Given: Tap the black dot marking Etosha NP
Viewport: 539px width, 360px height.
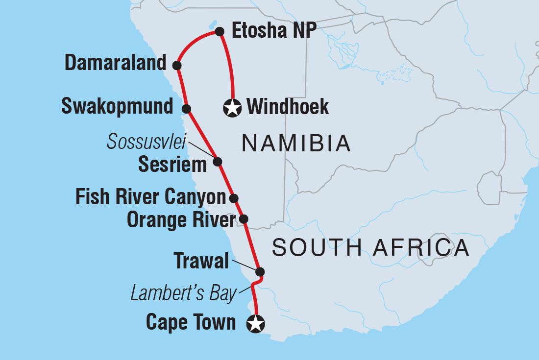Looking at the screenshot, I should tap(220, 32).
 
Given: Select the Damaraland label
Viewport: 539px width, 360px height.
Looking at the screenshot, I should tap(116, 64).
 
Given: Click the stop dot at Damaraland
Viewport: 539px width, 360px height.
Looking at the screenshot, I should tap(177, 65).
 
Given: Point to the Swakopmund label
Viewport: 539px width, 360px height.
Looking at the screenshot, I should tap(118, 106).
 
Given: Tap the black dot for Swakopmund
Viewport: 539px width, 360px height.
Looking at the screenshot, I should tap(186, 108).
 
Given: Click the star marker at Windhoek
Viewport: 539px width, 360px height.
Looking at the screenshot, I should tap(232, 108).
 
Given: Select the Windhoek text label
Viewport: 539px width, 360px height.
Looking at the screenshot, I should tap(288, 107).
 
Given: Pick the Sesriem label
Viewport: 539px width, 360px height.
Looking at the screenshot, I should tap(172, 165).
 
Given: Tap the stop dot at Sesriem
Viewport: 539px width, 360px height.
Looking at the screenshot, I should tap(218, 161).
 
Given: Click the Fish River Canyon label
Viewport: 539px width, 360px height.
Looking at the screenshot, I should tap(150, 197).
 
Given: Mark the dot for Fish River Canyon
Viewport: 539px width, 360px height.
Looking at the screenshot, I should tap(234, 198).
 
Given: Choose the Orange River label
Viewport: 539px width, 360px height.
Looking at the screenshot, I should tap(181, 220).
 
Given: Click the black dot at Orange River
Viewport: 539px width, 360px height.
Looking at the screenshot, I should tap(244, 219).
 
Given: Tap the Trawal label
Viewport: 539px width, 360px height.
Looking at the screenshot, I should tap(201, 262).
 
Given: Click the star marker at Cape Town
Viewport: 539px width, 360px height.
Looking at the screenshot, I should tap(256, 324).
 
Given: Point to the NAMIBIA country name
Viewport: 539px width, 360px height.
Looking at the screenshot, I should tap(296, 144).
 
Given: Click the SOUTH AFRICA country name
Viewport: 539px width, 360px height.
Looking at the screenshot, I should tap(371, 248).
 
